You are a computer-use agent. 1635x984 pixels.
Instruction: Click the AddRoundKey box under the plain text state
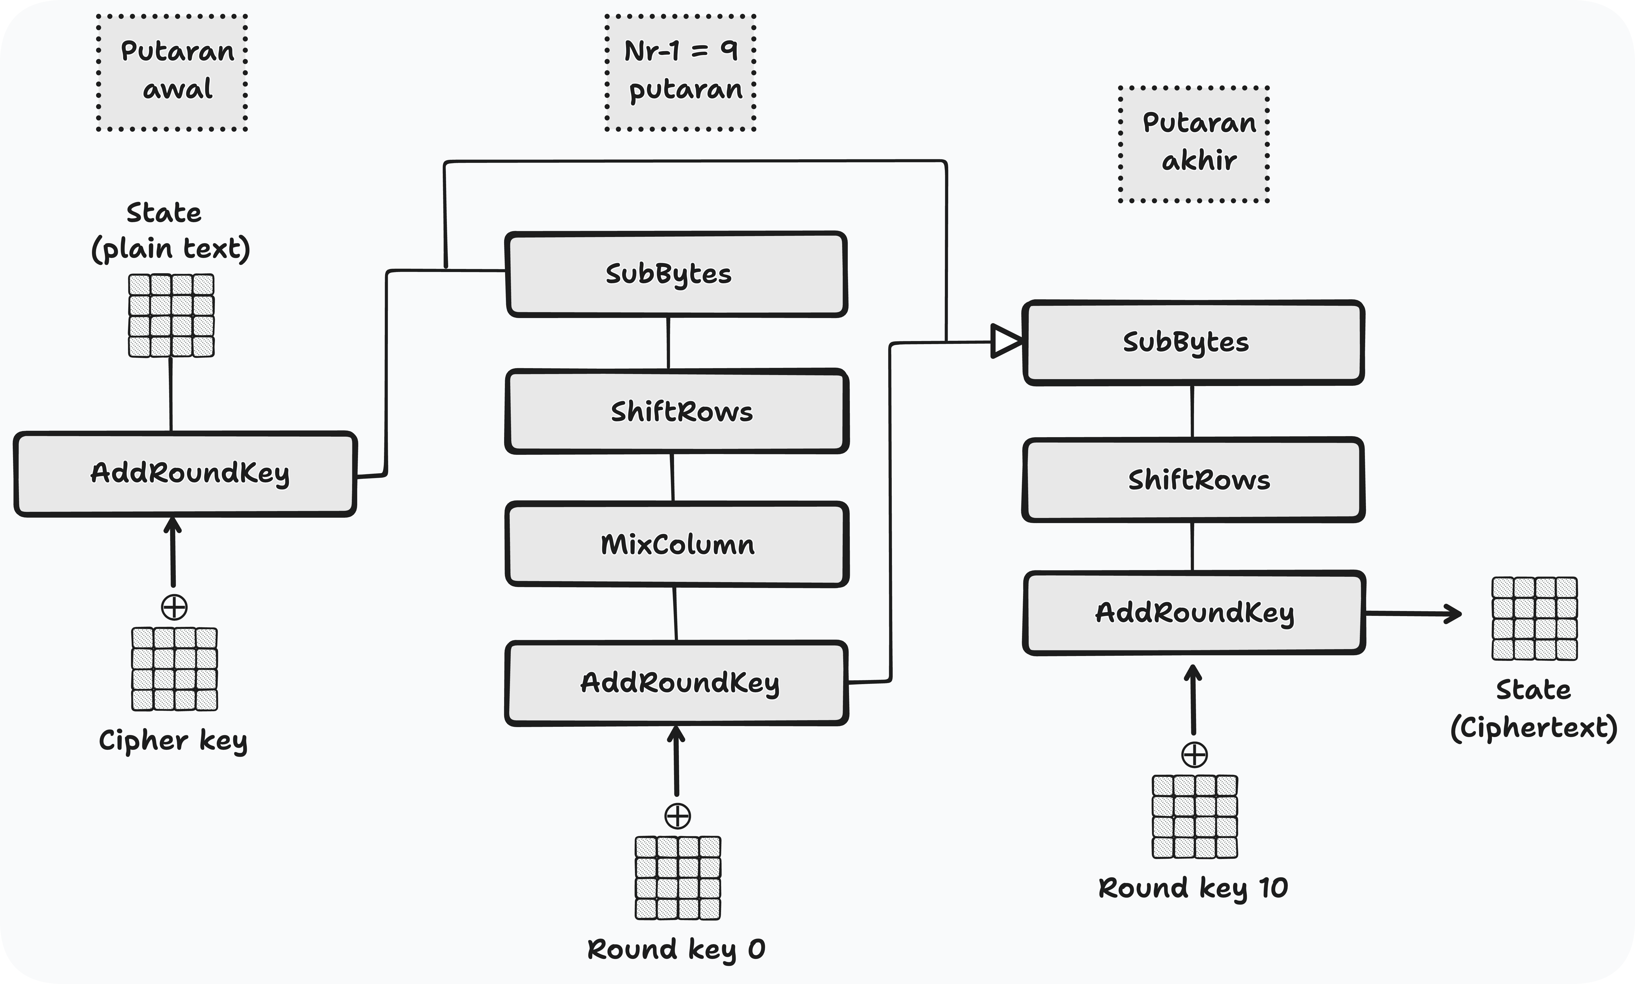(185, 473)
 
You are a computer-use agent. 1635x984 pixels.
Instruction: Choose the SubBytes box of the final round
(1193, 342)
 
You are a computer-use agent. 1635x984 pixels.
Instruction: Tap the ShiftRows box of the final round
(1193, 479)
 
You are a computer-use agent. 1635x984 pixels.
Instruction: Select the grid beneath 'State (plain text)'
(171, 316)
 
